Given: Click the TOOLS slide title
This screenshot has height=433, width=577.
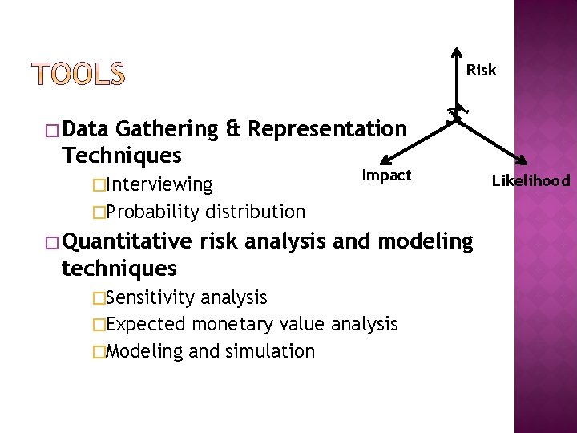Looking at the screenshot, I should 79,75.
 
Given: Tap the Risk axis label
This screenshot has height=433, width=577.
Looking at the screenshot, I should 481,71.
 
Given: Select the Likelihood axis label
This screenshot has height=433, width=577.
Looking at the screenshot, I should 531,181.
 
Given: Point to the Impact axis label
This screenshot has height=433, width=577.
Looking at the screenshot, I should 386,176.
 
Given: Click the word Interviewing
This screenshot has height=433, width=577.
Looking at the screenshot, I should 159,185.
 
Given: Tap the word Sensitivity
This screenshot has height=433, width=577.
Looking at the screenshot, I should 151,298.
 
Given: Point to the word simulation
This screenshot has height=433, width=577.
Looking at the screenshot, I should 270,351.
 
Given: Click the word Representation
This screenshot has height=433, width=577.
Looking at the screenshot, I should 327,129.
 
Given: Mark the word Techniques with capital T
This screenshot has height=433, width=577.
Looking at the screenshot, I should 121,155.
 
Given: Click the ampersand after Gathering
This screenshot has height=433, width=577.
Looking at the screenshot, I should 233,129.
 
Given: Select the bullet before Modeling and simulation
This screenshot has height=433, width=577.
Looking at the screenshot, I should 99,352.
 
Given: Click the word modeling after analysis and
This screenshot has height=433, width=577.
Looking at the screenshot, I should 426,241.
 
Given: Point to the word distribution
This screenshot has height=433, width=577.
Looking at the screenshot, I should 255,212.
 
